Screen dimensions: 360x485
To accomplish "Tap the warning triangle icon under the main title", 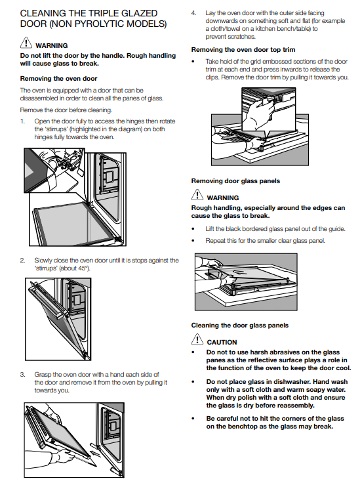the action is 26,43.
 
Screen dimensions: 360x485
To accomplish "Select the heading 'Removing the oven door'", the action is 59,79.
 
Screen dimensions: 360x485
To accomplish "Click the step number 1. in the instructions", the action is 22,121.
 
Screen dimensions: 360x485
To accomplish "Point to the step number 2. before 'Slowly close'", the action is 22,261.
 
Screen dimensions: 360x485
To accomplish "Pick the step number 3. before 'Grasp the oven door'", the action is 22,375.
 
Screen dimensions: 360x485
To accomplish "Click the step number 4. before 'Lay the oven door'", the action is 193,13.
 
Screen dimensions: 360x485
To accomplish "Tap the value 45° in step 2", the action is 83,268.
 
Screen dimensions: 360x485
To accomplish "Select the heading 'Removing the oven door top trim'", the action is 243,50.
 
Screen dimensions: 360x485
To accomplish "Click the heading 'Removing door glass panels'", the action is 235,181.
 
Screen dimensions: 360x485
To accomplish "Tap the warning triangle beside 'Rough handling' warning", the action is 197,195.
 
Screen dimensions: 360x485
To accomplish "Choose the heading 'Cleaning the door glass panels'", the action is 240,326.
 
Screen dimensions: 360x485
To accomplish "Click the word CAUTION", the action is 222,343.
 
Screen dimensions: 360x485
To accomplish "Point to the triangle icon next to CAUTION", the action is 197,339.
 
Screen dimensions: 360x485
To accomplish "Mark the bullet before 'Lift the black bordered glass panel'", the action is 193,229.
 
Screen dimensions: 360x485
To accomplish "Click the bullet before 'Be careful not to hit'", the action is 193,419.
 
